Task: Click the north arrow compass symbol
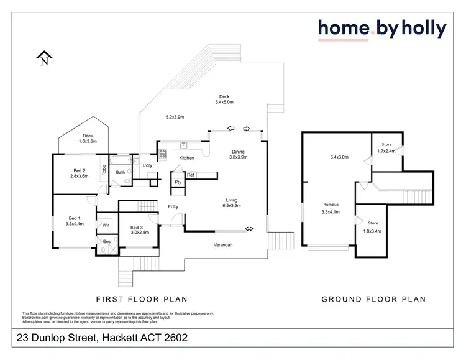(43, 58)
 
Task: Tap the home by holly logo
(381, 29)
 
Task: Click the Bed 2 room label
(79, 173)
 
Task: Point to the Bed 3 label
(139, 231)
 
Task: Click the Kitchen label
(186, 158)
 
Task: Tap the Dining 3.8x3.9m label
(238, 155)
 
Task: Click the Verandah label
(223, 245)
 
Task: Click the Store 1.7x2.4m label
(386, 148)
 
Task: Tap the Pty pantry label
(178, 182)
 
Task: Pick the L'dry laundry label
(147, 165)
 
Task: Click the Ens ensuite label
(107, 241)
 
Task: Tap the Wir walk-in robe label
(106, 225)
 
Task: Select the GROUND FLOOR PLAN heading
(373, 299)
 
